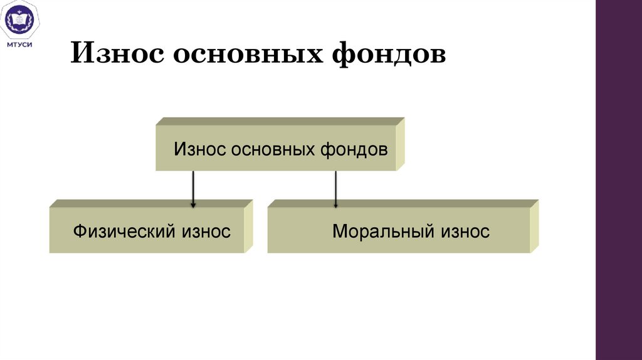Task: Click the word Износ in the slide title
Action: point(116,53)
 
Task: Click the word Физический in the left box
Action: point(124,231)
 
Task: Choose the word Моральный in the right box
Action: point(383,231)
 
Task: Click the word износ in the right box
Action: point(464,231)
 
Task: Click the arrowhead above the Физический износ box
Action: point(193,204)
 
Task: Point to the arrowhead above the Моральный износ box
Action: point(336,204)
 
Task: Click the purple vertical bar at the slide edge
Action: point(618,180)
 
